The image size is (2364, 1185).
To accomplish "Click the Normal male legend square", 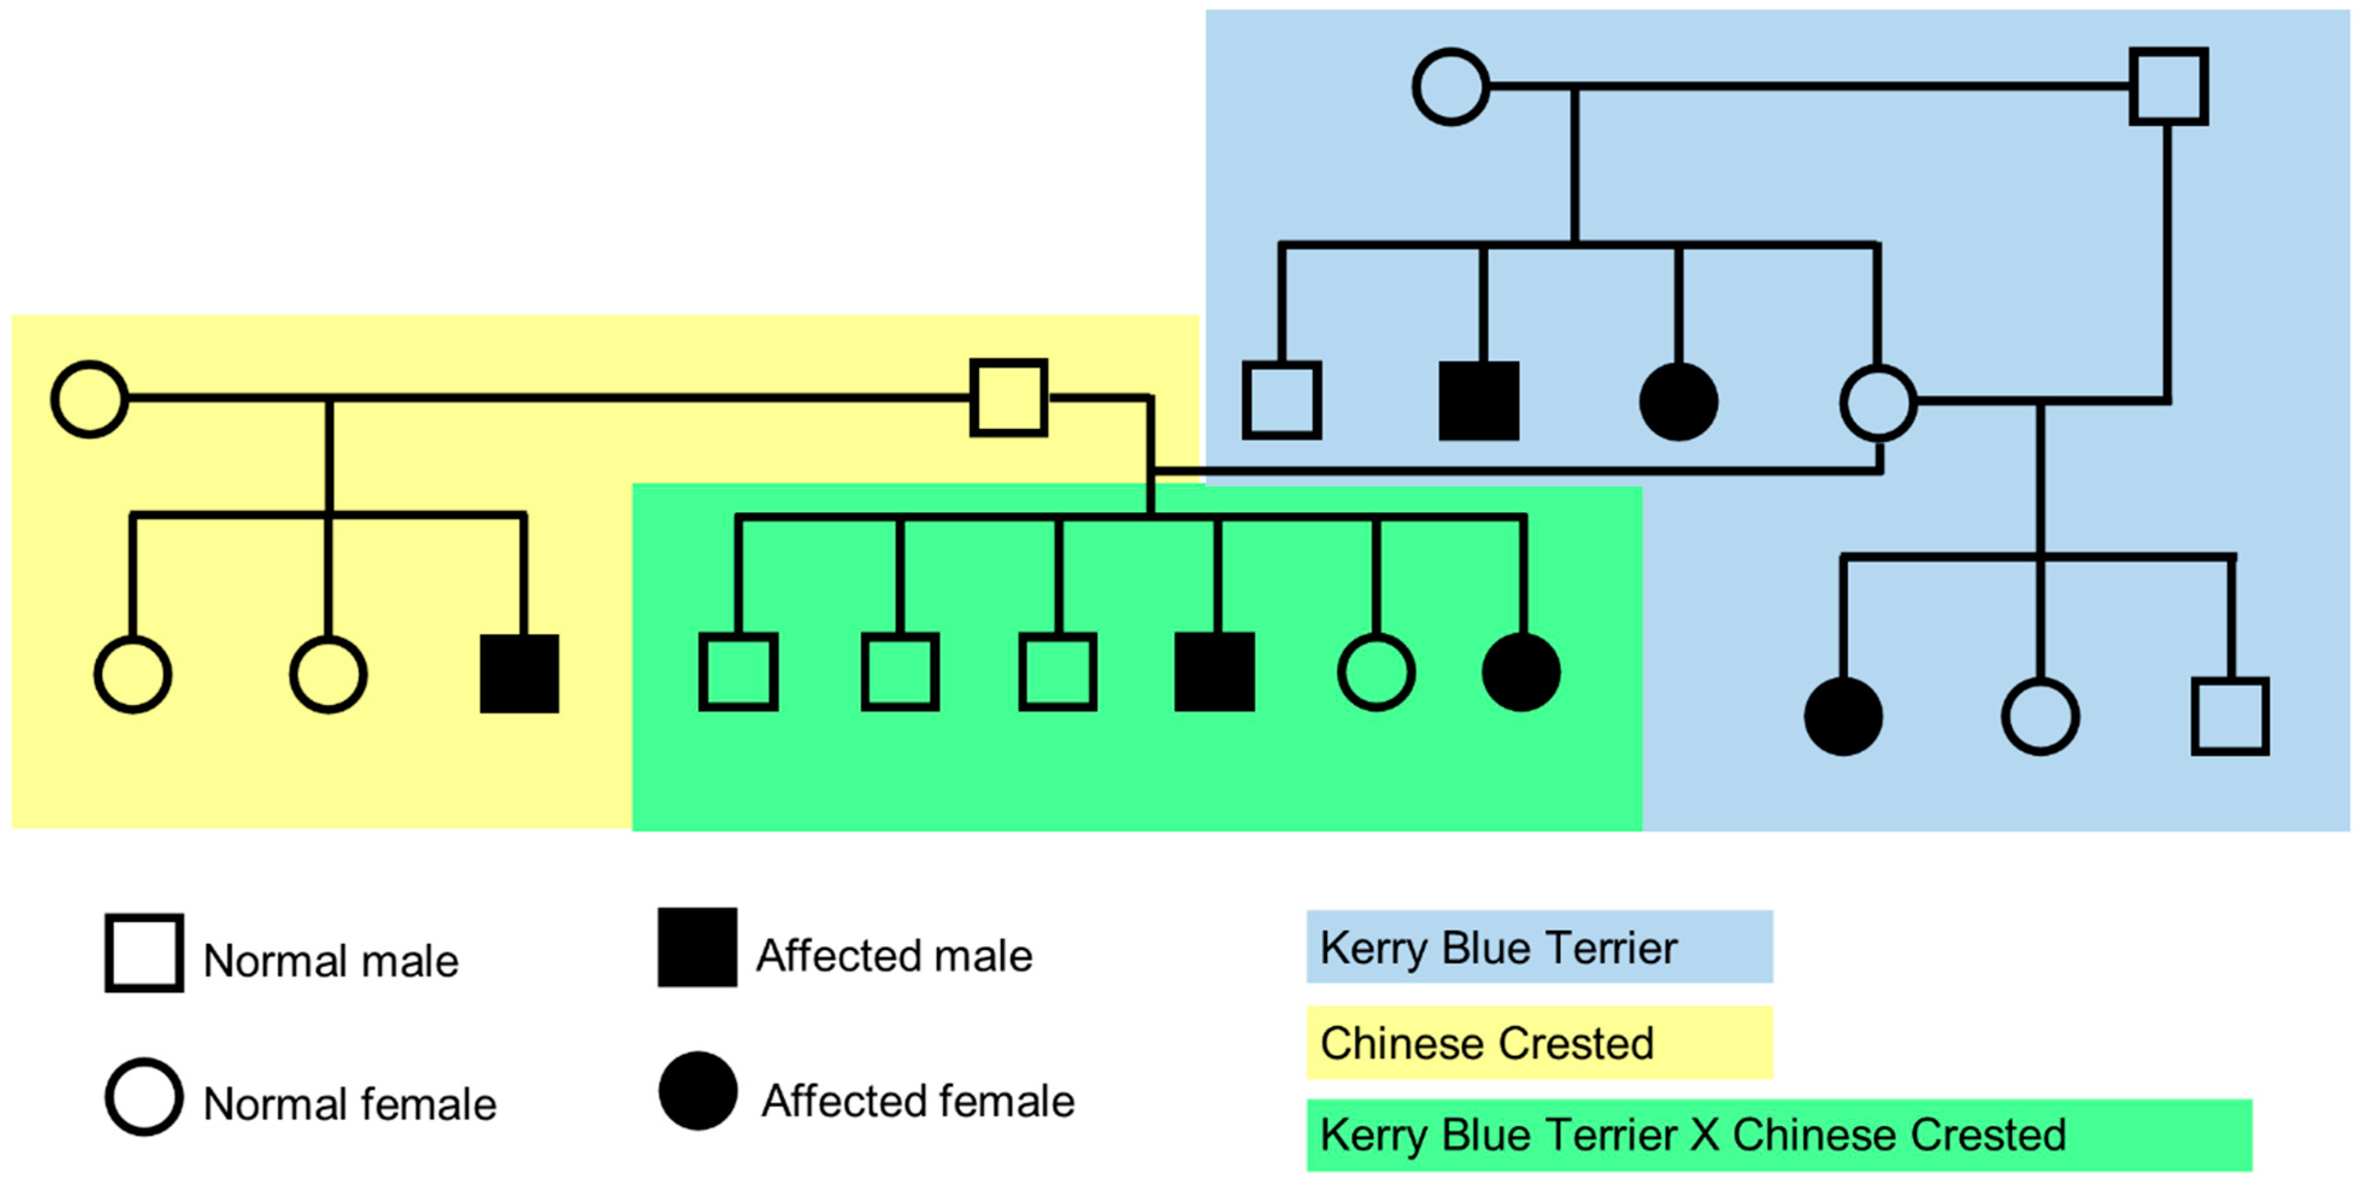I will point(144,953).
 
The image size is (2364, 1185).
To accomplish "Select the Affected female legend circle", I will point(698,1090).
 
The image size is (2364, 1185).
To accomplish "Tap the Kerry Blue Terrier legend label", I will point(1498,947).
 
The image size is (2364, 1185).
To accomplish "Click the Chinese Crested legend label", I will point(1487,1043).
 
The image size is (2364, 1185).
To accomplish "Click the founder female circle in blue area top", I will point(1450,87).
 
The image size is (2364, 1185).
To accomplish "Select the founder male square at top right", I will point(2168,86).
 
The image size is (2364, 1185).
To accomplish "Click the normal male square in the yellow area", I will point(1008,398).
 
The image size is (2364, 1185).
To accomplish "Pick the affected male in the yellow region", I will point(519,673).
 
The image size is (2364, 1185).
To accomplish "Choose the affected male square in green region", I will point(1214,671).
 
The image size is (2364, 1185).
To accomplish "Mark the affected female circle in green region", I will point(1521,672).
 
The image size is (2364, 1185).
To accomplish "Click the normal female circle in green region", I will point(1375,672).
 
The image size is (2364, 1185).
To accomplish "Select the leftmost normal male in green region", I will point(738,671).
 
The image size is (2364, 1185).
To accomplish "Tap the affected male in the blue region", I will point(1478,401).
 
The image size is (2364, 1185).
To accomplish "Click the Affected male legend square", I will point(698,947).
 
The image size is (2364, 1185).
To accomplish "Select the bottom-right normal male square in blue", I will point(2230,716).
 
